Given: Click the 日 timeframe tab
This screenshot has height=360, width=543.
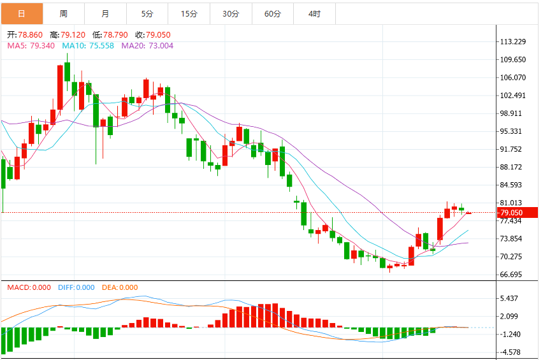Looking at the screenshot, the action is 22,14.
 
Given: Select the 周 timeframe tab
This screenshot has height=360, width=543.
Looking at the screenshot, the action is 64,14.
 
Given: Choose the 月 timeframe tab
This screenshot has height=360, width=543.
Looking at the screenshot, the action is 105,14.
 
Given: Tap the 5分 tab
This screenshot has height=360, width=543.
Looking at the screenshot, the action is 147,14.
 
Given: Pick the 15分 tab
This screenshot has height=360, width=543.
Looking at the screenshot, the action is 189,14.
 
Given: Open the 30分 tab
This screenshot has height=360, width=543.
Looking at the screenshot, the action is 231,14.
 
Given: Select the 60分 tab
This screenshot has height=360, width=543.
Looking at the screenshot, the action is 273,14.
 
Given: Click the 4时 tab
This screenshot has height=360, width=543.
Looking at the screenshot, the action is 314,14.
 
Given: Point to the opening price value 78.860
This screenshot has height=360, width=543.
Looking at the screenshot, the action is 30,35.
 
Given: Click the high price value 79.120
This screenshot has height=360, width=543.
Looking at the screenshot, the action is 73,35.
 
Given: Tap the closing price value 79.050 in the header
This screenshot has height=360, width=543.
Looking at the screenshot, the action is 158,35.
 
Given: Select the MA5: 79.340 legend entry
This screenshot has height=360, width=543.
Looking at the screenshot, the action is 31,46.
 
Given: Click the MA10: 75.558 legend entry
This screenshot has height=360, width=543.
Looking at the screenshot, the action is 88,46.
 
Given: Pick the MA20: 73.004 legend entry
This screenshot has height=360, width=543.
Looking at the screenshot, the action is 147,46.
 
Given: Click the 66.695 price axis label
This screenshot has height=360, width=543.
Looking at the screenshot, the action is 510,275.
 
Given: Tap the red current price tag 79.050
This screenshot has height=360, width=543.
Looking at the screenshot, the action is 518,213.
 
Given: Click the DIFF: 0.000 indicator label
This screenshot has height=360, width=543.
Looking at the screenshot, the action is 76,287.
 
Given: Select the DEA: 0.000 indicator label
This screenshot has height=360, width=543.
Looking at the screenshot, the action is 120,287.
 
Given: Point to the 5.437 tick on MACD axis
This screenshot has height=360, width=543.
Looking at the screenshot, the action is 509,298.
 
